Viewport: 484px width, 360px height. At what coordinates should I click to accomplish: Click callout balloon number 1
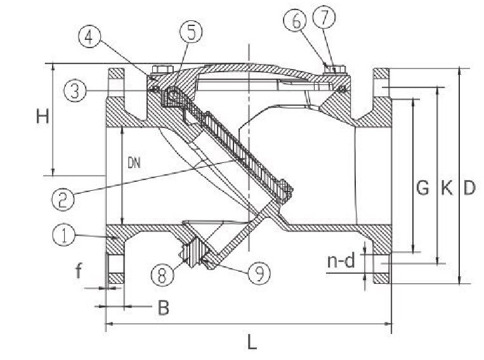(x=64, y=235)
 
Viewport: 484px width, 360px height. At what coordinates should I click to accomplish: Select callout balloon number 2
(x=63, y=199)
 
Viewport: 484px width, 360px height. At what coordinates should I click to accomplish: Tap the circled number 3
(x=75, y=91)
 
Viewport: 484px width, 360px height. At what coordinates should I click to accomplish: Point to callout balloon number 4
(x=89, y=39)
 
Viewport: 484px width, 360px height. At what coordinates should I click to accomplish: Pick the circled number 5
(x=191, y=32)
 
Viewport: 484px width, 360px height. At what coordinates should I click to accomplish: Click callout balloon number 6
(x=296, y=21)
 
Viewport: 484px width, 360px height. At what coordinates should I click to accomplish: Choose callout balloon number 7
(x=324, y=18)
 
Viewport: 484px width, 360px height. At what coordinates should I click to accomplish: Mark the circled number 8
(x=162, y=274)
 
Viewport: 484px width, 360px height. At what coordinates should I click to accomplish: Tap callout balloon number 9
(x=259, y=273)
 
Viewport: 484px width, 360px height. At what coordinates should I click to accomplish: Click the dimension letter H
(x=43, y=117)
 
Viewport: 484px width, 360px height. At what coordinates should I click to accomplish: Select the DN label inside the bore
(x=134, y=163)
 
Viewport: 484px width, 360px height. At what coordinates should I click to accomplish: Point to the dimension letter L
(x=252, y=342)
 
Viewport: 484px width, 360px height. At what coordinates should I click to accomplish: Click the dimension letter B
(x=163, y=307)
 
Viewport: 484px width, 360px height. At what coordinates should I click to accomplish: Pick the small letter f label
(x=79, y=270)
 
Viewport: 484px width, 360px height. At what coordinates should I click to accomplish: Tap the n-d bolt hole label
(x=341, y=261)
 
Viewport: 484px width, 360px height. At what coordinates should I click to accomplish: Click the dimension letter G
(x=422, y=187)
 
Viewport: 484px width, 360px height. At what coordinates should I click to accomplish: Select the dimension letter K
(x=447, y=187)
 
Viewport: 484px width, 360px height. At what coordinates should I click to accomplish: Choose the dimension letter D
(x=469, y=187)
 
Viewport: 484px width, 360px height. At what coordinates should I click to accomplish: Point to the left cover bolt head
(x=162, y=69)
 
